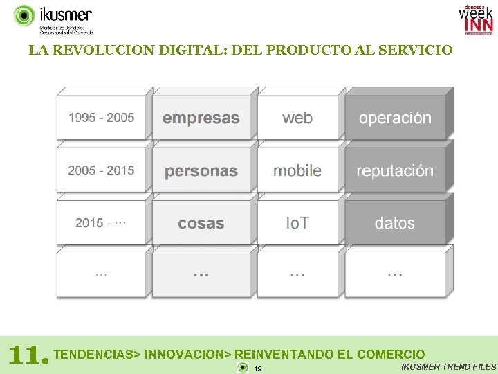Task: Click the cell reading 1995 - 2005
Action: pyautogui.click(x=101, y=118)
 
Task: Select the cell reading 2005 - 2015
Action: pyautogui.click(x=101, y=170)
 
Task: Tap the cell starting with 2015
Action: pyautogui.click(x=101, y=223)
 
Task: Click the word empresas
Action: pyautogui.click(x=201, y=118)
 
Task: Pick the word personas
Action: pyautogui.click(x=201, y=171)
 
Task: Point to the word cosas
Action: pyautogui.click(x=201, y=223)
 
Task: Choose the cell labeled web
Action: pyautogui.click(x=297, y=118)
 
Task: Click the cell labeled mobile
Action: pyautogui.click(x=297, y=170)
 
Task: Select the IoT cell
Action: pyautogui.click(x=297, y=223)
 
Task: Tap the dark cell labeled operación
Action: pyautogui.click(x=395, y=118)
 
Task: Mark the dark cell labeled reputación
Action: pyautogui.click(x=395, y=171)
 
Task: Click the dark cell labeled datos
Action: pyautogui.click(x=395, y=223)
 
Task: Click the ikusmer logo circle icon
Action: pyautogui.click(x=24, y=15)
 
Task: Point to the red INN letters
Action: pyautogui.click(x=479, y=25)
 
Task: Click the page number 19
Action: pyautogui.click(x=257, y=368)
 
